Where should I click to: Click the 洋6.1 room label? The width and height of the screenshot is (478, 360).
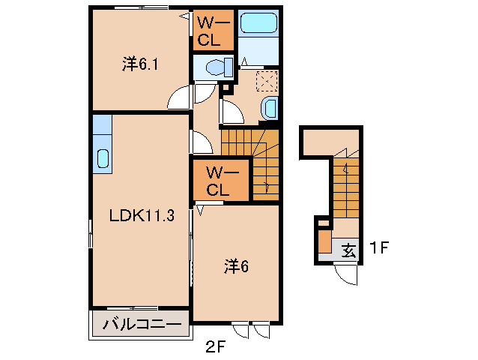coord(140,64)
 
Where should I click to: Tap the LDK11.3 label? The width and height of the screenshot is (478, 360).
coord(142,216)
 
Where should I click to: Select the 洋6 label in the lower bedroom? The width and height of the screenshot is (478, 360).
coord(236,266)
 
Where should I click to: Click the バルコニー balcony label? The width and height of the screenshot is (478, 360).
coord(141,324)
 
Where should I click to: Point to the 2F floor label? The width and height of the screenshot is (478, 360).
coord(215,347)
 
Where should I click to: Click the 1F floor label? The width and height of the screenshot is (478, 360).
coord(379,247)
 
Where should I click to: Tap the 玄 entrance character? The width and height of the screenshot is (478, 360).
coord(348,251)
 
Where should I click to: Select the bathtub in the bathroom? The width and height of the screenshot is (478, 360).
coord(258,23)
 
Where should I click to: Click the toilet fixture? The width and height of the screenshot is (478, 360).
coord(220,67)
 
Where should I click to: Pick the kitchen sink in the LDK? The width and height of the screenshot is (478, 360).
coord(103,159)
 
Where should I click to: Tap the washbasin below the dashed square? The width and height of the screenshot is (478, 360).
coord(270,109)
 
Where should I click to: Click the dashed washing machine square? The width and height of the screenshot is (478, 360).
coord(267,81)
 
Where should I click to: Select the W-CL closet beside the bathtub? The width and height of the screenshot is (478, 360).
coord(214,30)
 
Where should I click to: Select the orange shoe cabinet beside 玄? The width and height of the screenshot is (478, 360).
coord(324,241)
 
